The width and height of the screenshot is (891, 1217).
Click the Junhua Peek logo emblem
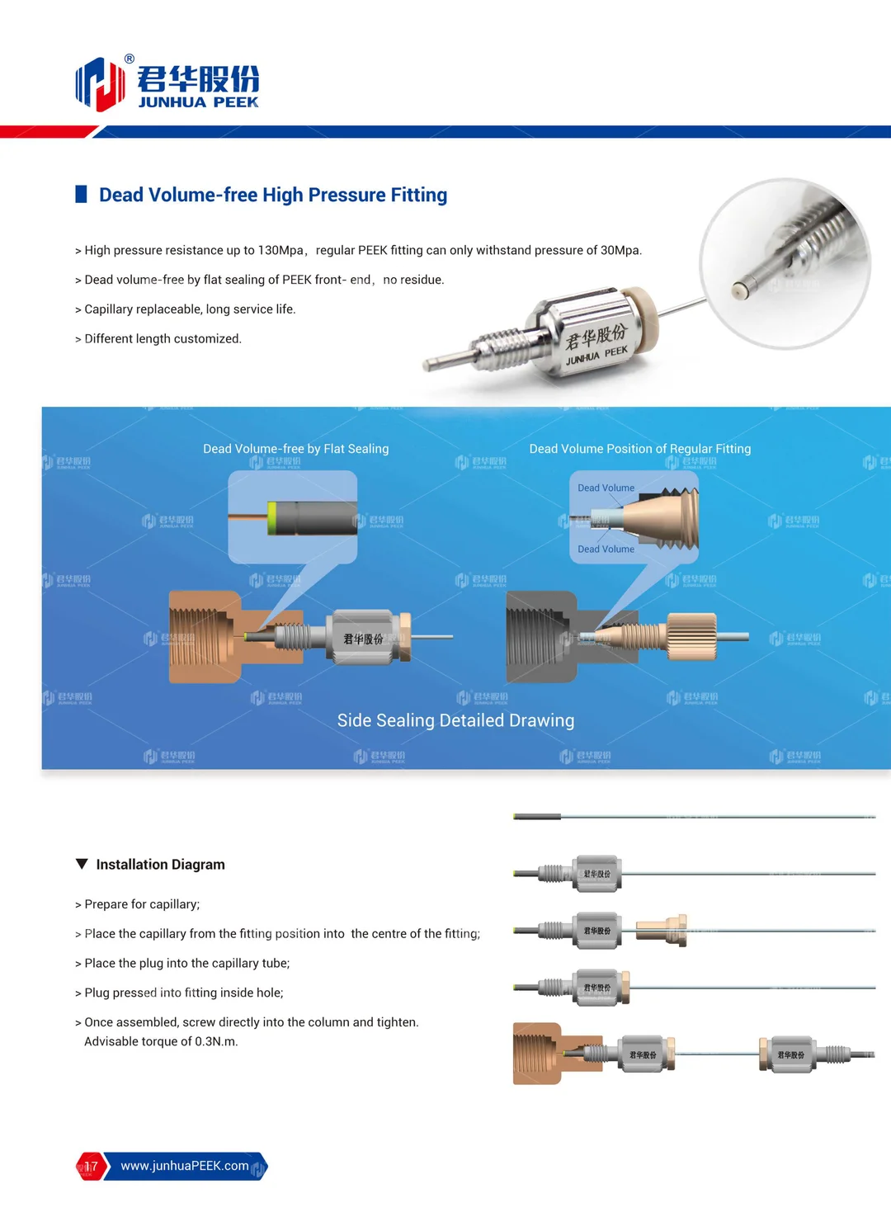click(99, 83)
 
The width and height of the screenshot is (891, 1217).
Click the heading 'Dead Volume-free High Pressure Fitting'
click(272, 195)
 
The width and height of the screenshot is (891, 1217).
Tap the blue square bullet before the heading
click(81, 195)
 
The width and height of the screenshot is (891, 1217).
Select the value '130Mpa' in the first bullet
click(280, 250)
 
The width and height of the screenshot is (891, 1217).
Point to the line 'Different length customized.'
click(163, 338)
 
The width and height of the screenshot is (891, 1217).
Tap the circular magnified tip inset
click(785, 263)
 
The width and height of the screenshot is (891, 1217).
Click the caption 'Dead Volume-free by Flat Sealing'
click(295, 449)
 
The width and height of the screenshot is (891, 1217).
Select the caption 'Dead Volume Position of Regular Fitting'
click(639, 449)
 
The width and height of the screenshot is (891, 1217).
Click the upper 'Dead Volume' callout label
click(606, 488)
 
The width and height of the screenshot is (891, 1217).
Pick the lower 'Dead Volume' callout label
click(606, 549)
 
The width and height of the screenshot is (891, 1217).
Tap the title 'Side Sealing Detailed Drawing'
click(455, 720)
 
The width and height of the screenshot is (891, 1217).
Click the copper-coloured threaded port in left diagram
click(202, 637)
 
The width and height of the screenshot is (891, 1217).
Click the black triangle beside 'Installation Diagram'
click(82, 864)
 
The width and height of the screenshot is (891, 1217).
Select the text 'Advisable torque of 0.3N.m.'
click(161, 1041)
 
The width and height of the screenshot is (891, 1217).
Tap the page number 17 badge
click(91, 1166)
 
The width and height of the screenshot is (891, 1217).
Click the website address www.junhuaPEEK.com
click(184, 1166)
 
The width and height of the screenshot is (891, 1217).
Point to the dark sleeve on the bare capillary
click(537, 817)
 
